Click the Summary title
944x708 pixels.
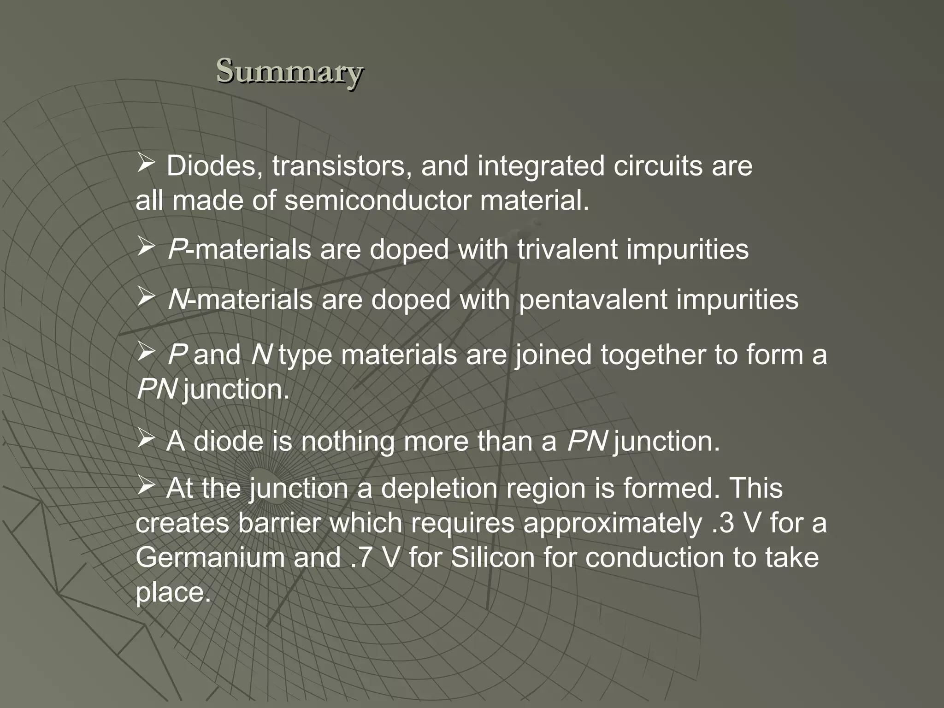[290, 71]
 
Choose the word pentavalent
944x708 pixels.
[592, 300]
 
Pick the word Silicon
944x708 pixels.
[493, 557]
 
